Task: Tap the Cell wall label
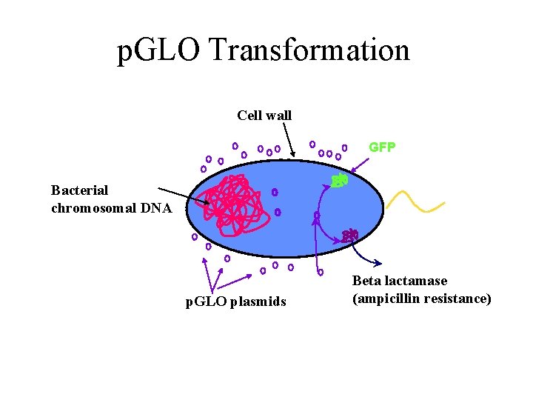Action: coord(264,116)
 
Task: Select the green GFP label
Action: coord(382,147)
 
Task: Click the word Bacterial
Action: coord(80,190)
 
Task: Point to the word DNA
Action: coord(157,208)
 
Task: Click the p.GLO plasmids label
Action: coord(235,301)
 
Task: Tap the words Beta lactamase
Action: coord(400,281)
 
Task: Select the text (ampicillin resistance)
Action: coord(421,299)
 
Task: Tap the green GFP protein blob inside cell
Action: coord(340,180)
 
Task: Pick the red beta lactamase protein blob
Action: coord(350,236)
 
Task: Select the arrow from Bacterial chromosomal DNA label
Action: coord(184,196)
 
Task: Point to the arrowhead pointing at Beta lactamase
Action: coord(378,264)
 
